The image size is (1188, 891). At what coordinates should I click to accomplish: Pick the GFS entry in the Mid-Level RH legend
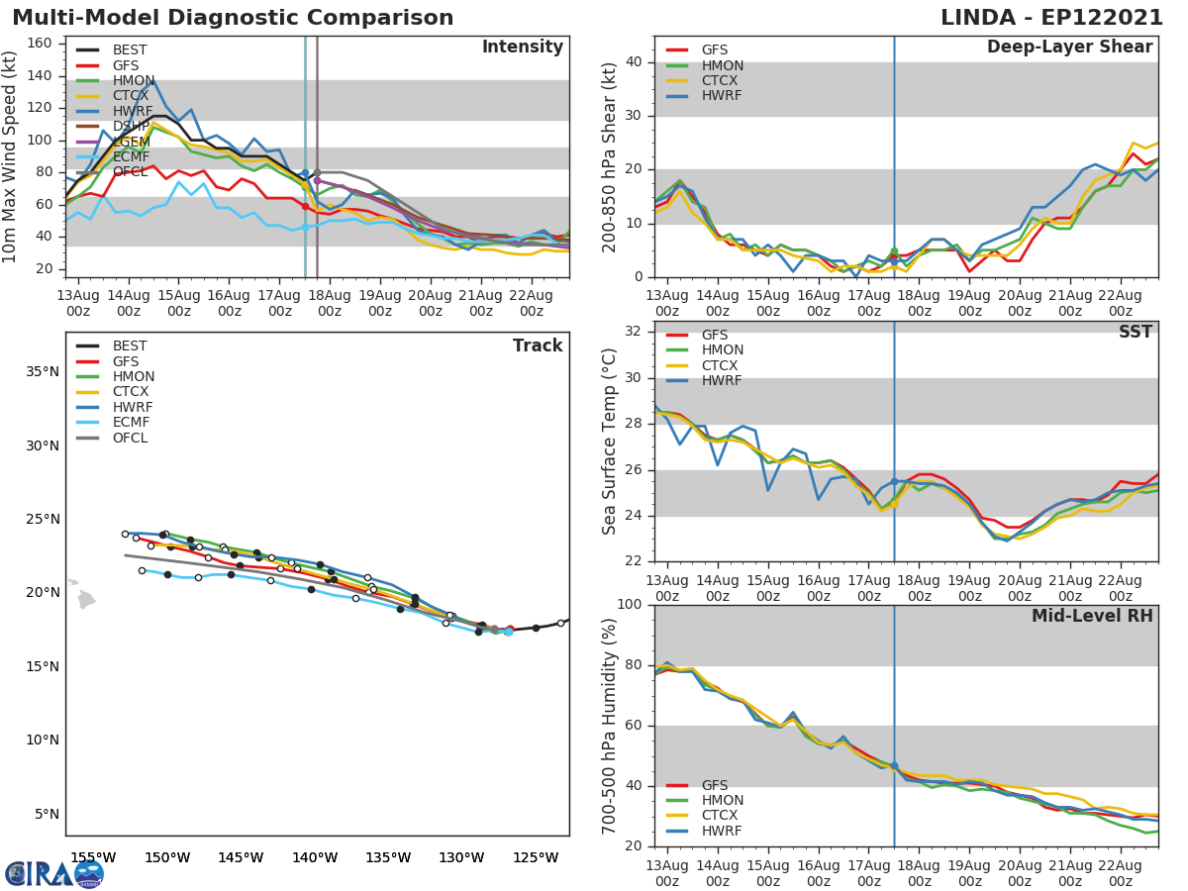point(714,785)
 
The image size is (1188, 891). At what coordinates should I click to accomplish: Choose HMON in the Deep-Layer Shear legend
point(722,65)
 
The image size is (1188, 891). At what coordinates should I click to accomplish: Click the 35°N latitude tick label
point(42,372)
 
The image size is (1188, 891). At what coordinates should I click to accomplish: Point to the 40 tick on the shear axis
point(635,62)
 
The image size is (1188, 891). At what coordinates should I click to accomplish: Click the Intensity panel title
point(522,48)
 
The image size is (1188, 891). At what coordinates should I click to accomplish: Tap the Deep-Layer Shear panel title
point(1069,48)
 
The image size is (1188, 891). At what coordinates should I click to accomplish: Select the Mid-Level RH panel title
point(1091,617)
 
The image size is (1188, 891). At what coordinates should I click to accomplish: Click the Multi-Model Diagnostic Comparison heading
point(233,18)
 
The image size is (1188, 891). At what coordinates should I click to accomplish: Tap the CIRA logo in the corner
point(54,873)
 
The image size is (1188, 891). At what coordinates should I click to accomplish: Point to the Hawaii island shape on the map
point(86,599)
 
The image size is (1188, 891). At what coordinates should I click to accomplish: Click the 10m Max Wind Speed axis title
point(11,156)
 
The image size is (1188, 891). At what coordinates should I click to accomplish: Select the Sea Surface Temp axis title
point(610,440)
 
